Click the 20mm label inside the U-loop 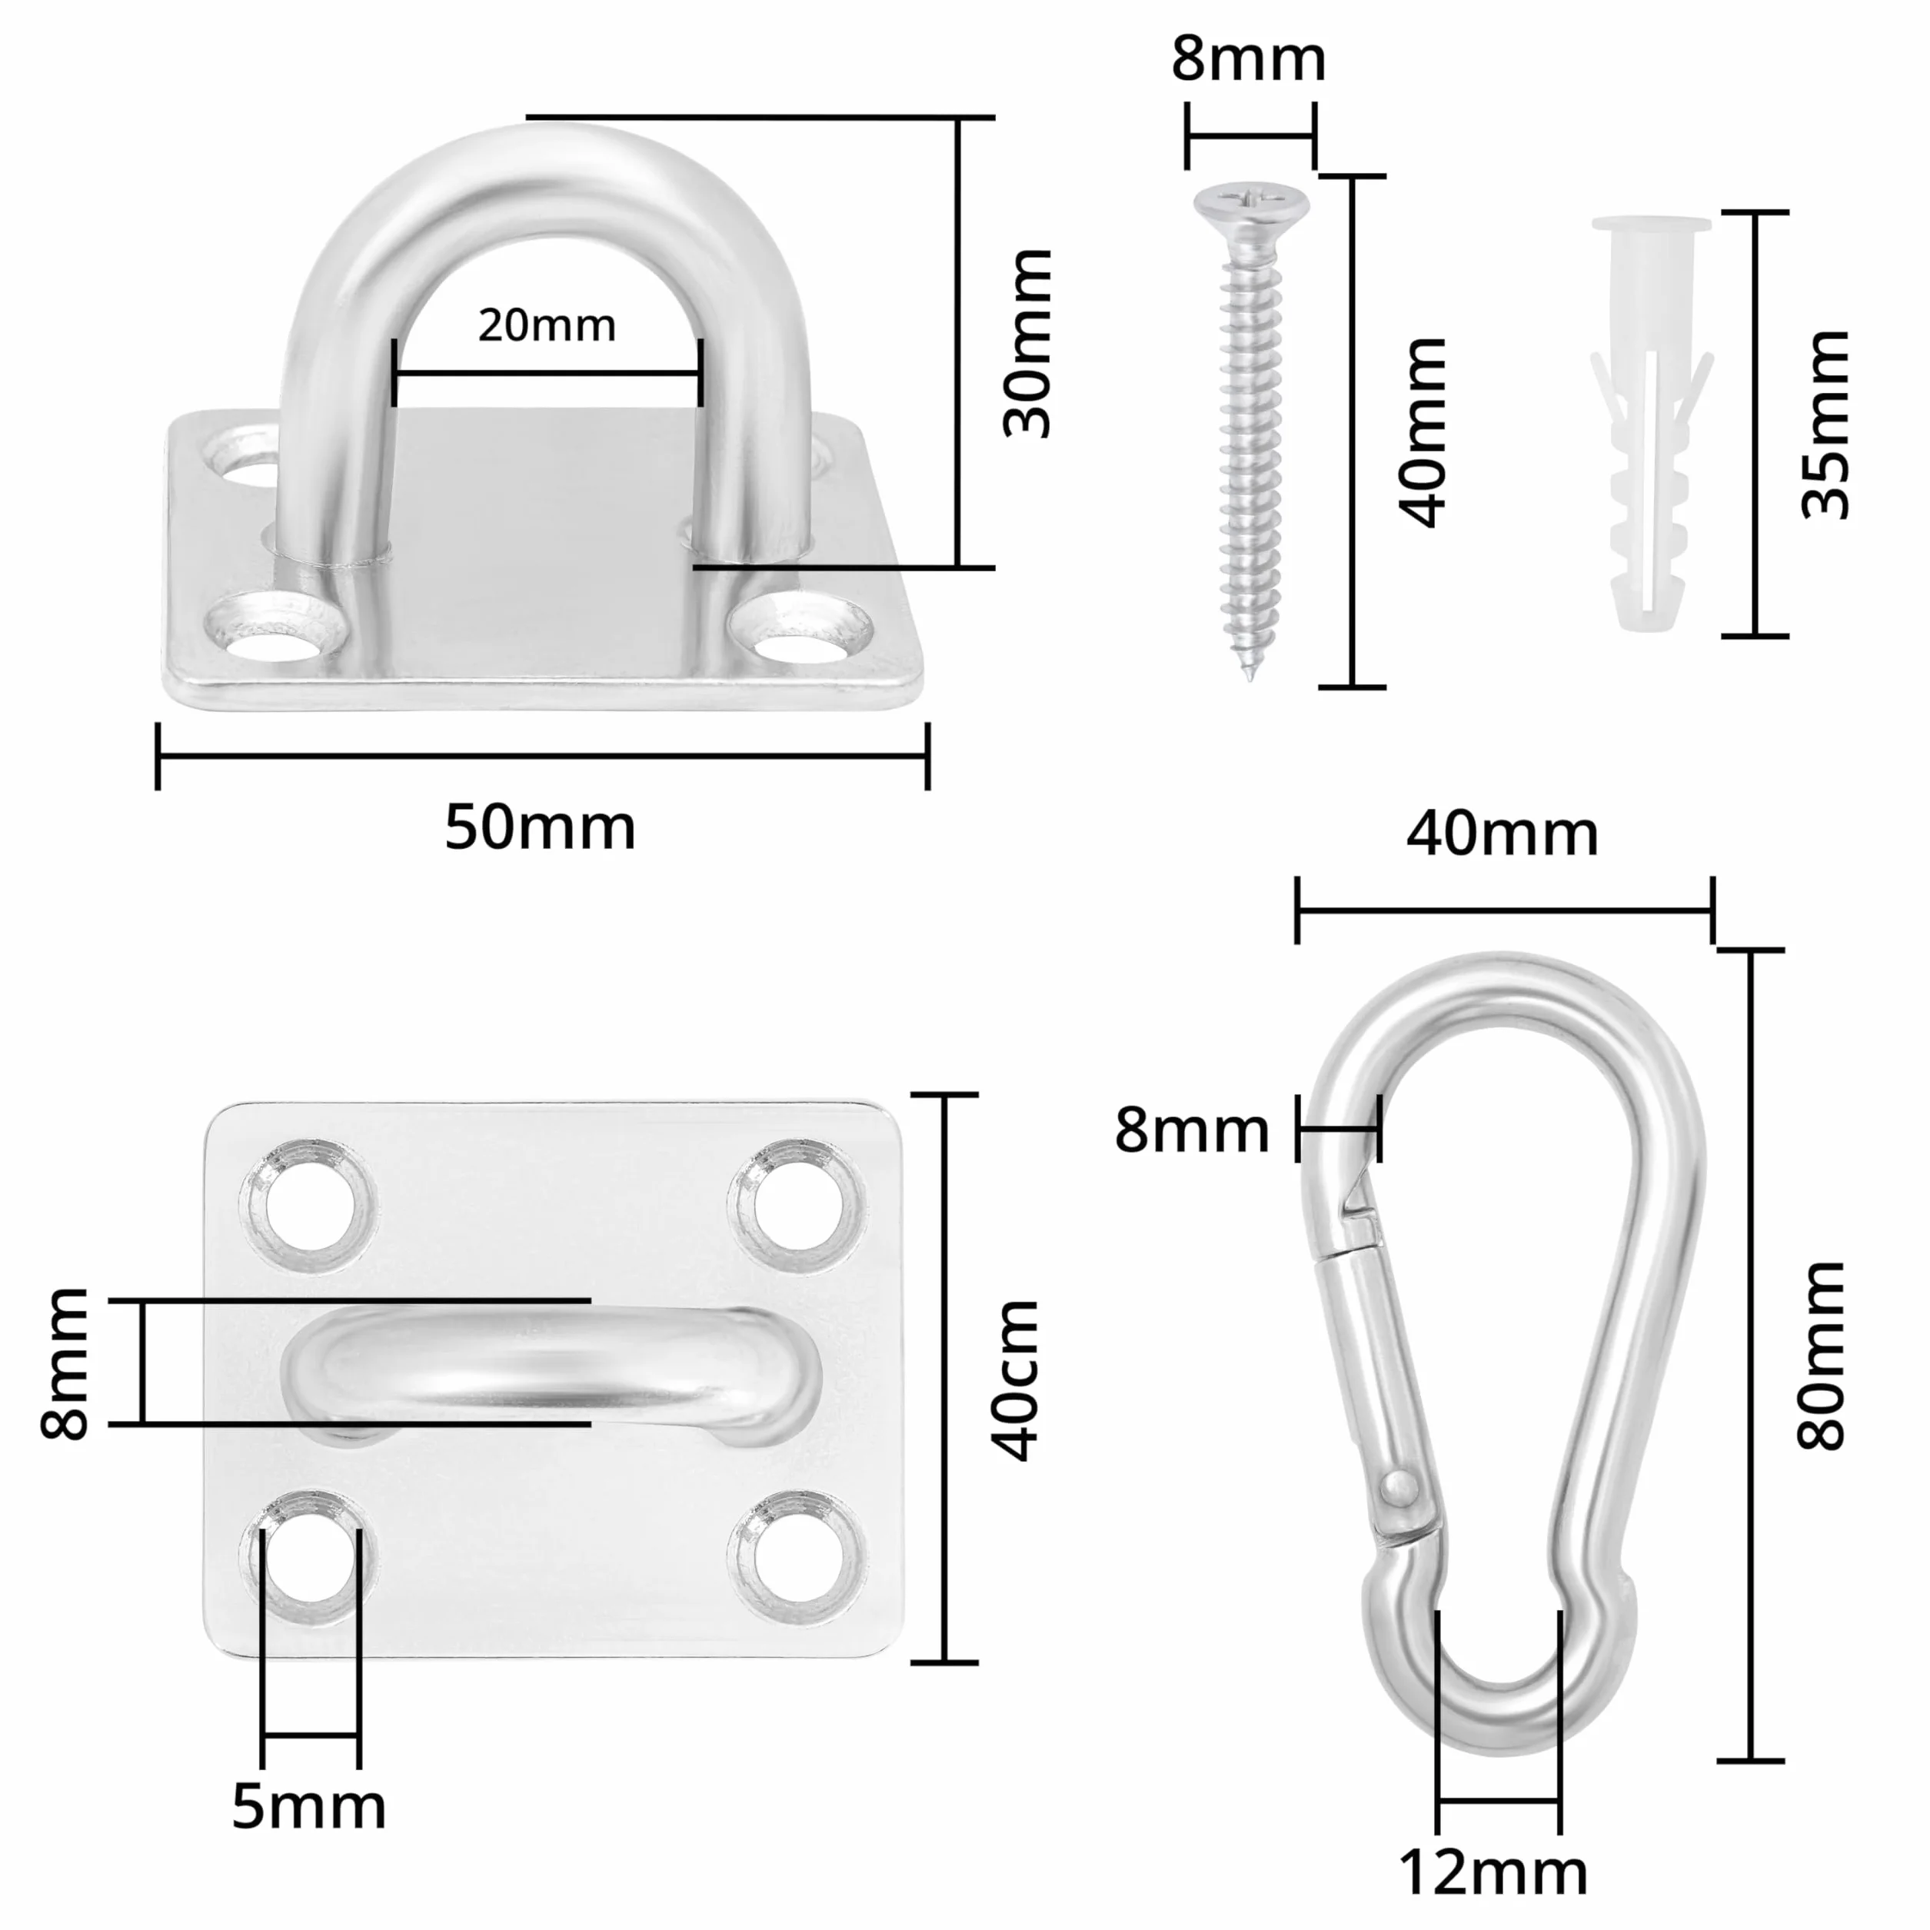click(x=547, y=326)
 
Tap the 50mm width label click(x=540, y=828)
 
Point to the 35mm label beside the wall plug click(x=1825, y=424)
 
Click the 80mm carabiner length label click(x=1820, y=1355)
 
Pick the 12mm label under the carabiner click(x=1492, y=1872)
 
